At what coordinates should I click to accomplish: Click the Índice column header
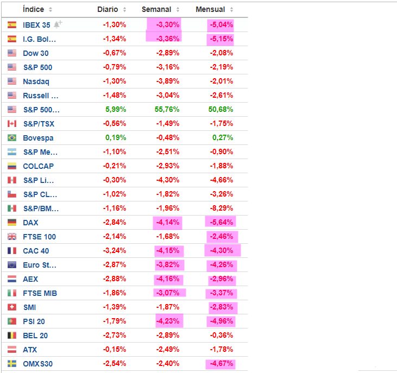coord(34,10)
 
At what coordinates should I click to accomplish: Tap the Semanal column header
coord(156,10)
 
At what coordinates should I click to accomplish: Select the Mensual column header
coord(210,10)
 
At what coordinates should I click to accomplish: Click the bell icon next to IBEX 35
coord(58,24)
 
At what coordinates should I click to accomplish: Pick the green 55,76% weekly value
coord(167,110)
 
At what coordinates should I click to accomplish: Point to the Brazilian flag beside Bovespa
coord(12,138)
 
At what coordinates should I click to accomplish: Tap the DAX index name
coord(30,223)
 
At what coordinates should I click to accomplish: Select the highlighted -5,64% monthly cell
coord(221,223)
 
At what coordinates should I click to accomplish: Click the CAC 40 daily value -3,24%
coord(115,251)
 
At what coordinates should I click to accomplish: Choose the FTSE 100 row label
coord(39,237)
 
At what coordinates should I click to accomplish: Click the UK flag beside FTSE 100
coord(12,237)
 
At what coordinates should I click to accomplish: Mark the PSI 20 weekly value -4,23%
coord(167,321)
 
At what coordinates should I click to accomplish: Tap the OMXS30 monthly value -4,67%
coord(221,364)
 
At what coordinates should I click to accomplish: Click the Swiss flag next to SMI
coord(12,307)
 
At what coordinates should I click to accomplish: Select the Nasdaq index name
coord(36,81)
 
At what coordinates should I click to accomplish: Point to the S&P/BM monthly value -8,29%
coord(221,208)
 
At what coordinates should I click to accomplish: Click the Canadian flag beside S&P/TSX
coord(12,124)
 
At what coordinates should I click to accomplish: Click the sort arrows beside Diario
coord(124,10)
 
